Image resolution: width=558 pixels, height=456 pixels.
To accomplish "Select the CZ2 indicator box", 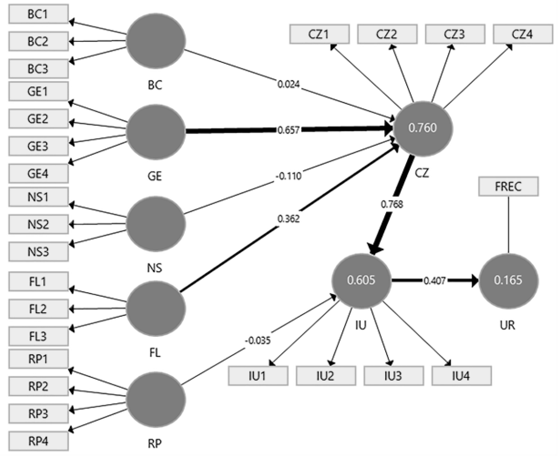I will click(387, 34).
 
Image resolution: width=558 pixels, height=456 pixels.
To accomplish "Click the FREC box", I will click(509, 187).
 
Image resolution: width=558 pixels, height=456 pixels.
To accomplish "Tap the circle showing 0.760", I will click(423, 129).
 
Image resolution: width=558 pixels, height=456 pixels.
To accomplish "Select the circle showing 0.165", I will click(509, 281).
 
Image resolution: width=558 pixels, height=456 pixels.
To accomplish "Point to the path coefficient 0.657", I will click(289, 130).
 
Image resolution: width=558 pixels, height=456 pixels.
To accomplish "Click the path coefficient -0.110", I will click(289, 176).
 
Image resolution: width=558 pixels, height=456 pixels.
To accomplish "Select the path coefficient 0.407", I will click(435, 281).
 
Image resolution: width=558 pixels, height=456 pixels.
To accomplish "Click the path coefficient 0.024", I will click(289, 85).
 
